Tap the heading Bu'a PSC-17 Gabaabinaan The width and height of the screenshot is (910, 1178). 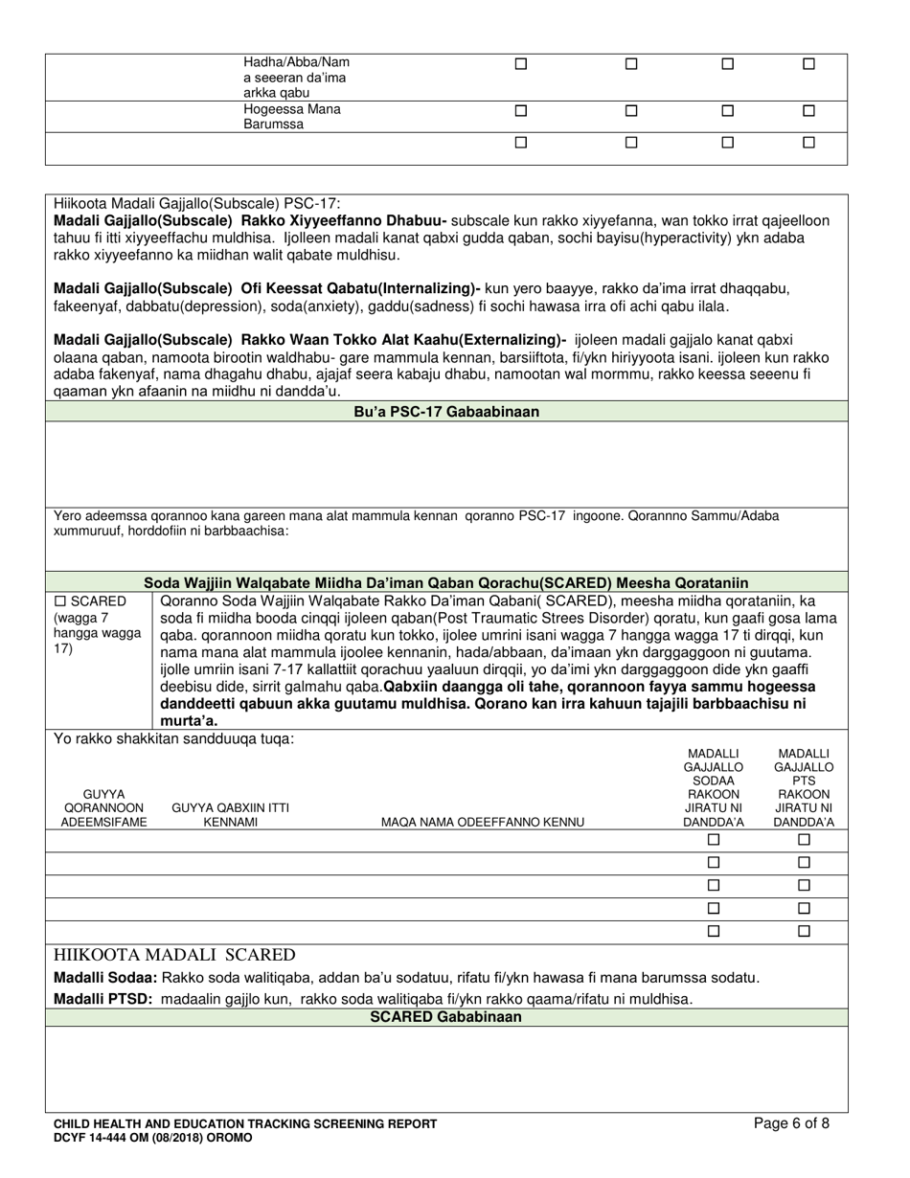click(x=446, y=412)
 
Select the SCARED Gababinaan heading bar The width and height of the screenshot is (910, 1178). click(x=446, y=1017)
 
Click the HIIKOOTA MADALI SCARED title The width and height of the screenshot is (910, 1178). click(x=174, y=955)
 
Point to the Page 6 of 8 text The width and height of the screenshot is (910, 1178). click(x=791, y=1123)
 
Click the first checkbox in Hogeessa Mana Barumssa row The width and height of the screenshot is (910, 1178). click(x=521, y=110)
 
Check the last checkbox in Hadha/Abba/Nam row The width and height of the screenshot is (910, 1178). click(x=808, y=64)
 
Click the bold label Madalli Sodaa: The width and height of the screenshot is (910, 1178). click(x=105, y=978)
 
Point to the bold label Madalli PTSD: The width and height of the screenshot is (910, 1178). click(x=103, y=999)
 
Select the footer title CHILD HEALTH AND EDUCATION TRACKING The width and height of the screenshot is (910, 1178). click(x=245, y=1123)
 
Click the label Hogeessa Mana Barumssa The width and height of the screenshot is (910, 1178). click(x=292, y=117)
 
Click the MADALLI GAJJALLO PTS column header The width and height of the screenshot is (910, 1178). click(x=804, y=788)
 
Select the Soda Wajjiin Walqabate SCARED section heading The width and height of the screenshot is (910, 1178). click(x=446, y=582)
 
